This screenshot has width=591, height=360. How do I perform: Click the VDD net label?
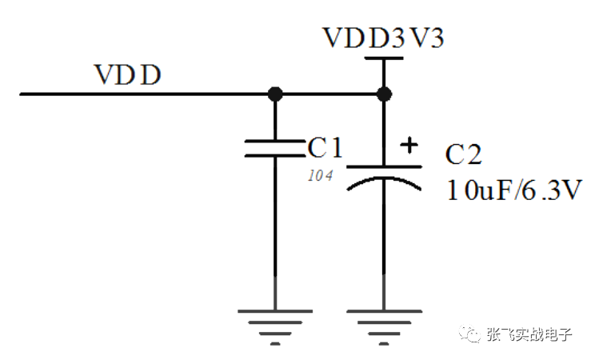point(127,74)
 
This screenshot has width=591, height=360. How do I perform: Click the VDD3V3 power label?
point(383,38)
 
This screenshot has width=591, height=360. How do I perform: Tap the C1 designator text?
point(325,147)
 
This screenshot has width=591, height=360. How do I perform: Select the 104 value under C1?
point(321,175)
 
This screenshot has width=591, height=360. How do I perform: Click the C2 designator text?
point(463,154)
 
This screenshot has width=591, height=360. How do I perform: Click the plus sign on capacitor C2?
point(409,145)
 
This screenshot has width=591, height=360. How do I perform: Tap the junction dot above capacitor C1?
point(275,94)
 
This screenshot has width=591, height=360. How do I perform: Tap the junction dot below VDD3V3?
point(384,94)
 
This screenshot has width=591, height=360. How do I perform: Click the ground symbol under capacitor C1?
point(275,327)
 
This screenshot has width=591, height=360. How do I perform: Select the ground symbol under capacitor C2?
point(384,327)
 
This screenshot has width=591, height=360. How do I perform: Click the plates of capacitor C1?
point(275,148)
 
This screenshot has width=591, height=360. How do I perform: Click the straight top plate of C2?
point(384,166)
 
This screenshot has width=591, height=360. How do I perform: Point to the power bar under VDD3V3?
point(384,58)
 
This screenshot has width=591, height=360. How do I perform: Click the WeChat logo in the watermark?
point(469,334)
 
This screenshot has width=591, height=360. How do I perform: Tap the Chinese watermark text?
point(529,334)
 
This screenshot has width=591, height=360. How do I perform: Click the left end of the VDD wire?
point(20,94)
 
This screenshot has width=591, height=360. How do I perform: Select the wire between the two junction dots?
point(329,94)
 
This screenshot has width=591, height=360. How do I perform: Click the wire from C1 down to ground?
point(275,234)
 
